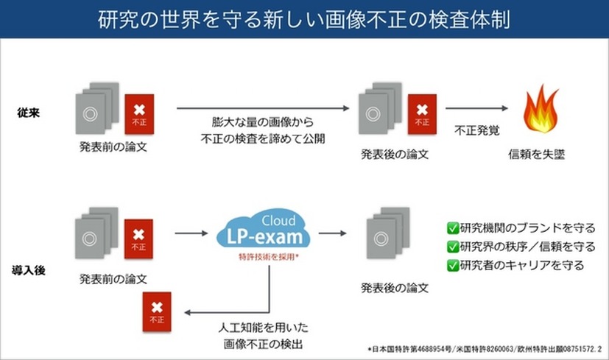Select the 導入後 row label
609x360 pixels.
[x=31, y=270]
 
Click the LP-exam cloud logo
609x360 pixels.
[x=264, y=234]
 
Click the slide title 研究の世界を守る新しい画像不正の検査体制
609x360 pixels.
[x=303, y=18]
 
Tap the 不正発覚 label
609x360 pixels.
[x=477, y=132]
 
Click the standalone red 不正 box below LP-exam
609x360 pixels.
[x=157, y=312]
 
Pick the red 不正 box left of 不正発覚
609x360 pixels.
[x=422, y=112]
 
